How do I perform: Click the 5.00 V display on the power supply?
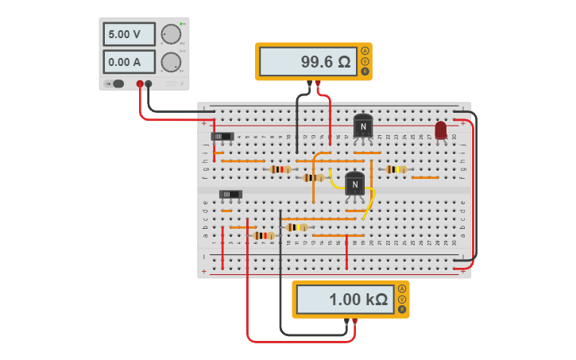[129, 35]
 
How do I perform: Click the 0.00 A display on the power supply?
[129, 62]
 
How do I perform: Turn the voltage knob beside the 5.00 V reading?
[170, 34]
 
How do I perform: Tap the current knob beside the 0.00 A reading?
[170, 62]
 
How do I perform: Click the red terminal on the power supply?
[140, 83]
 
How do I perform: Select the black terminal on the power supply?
[149, 83]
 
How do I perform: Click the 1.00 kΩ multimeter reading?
[344, 300]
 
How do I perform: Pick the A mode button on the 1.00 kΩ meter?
[402, 288]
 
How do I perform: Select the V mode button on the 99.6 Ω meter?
[365, 61]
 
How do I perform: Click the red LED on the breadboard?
[441, 130]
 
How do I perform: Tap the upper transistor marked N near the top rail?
[362, 126]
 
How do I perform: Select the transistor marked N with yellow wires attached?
[354, 184]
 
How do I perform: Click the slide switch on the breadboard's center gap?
[230, 194]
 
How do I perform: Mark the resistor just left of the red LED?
[396, 169]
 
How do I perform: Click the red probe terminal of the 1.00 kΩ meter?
[355, 322]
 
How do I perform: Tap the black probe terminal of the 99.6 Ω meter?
[309, 83]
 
